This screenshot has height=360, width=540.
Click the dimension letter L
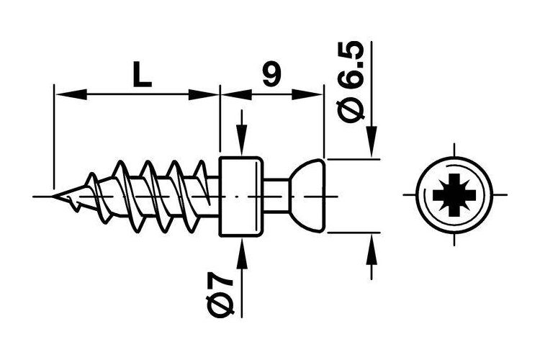(143, 75)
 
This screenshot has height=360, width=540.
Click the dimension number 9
(271, 74)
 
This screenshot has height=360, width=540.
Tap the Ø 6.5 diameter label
(351, 81)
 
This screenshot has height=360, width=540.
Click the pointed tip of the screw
(53, 196)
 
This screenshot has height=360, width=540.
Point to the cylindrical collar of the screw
(241, 197)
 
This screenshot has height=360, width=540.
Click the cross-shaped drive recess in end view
(454, 195)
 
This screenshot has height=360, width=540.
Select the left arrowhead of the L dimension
(71, 94)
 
